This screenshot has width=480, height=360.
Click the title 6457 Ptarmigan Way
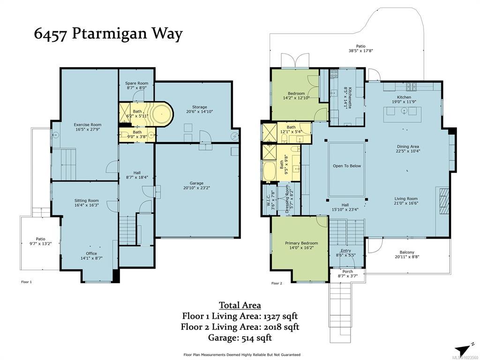[108, 34]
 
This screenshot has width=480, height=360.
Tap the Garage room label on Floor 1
[196, 186]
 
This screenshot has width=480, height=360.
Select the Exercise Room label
[88, 127]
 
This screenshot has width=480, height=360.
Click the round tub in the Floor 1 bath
[162, 114]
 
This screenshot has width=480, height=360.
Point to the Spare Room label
[136, 85]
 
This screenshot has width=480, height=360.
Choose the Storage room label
[200, 109]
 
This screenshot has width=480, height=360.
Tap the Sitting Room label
[87, 203]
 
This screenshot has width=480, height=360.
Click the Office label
[91, 255]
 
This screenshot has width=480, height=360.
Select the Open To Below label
[347, 166]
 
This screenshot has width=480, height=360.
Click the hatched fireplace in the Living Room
[444, 201]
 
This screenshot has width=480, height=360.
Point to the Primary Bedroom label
[301, 245]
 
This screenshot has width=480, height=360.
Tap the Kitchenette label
[348, 97]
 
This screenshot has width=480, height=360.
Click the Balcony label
[407, 255]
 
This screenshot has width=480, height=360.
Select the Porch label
[347, 274]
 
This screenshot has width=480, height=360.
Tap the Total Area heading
[240, 305]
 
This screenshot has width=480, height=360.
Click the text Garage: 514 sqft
[240, 337]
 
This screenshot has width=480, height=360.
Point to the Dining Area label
[408, 149]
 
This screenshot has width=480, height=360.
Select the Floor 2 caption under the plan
[277, 283]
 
